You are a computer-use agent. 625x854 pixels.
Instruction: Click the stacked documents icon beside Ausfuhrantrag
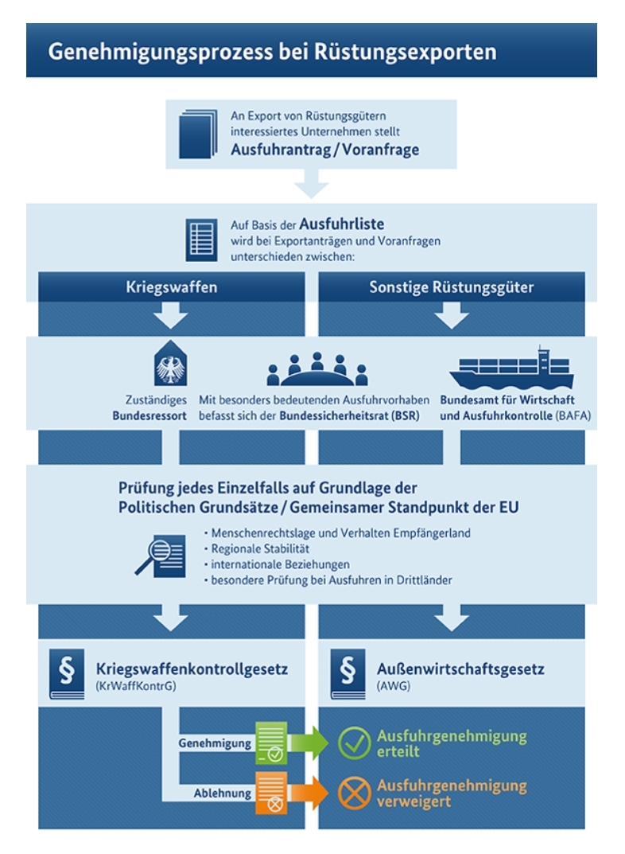(x=198, y=134)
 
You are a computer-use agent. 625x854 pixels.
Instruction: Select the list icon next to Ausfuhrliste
(x=201, y=240)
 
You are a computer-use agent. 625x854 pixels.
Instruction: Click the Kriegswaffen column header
(x=171, y=287)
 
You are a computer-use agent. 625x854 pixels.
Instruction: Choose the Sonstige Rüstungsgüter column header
(x=452, y=287)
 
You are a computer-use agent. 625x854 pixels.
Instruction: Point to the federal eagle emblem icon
(x=171, y=363)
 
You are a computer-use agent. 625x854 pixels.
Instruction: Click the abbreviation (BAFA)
(x=573, y=415)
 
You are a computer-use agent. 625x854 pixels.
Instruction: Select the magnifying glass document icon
(x=161, y=556)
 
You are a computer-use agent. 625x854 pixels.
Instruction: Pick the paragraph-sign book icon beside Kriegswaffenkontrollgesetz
(x=67, y=673)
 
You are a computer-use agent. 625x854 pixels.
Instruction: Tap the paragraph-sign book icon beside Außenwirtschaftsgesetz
(x=348, y=673)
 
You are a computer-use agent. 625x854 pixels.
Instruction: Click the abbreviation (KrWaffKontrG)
(x=136, y=686)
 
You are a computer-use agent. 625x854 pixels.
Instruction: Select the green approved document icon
(x=271, y=743)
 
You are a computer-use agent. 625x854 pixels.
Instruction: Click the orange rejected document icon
(x=271, y=793)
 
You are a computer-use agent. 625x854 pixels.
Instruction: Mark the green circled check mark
(x=354, y=743)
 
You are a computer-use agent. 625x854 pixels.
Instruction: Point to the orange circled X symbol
(x=354, y=793)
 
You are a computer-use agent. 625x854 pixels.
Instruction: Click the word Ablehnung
(x=223, y=793)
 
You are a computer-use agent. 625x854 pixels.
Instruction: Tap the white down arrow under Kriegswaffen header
(x=171, y=315)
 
